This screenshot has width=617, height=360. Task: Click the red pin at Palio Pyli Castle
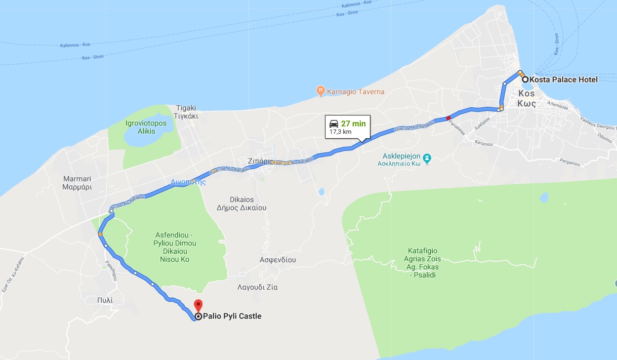[198, 305]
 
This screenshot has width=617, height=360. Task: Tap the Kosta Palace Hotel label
[563, 79]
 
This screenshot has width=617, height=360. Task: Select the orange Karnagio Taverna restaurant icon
[320, 91]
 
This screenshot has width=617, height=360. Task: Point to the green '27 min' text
[353, 123]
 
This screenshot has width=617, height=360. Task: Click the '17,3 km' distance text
[340, 132]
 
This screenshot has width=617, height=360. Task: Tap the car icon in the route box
[334, 123]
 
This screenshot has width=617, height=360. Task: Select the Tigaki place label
[186, 111]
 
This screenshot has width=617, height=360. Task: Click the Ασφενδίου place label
[277, 260]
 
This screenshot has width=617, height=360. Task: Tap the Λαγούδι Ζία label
[257, 287]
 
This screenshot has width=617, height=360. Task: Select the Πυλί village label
[105, 300]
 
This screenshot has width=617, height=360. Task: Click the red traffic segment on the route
[448, 118]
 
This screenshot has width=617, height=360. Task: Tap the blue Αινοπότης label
[188, 182]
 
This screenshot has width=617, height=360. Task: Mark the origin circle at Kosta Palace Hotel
[525, 79]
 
